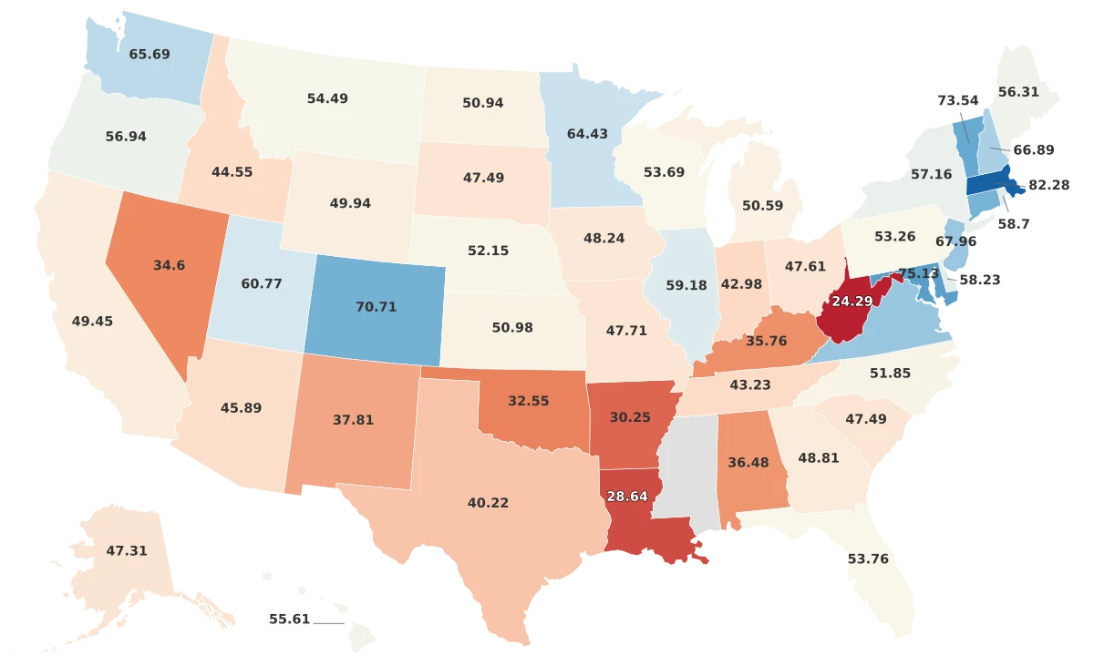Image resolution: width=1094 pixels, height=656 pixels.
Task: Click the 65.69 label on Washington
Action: point(150,55)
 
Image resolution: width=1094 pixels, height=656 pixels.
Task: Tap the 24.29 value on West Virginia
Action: point(852,301)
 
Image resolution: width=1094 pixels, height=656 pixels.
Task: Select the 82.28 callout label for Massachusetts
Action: point(1048,185)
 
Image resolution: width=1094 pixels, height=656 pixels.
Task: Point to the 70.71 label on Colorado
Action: point(376,307)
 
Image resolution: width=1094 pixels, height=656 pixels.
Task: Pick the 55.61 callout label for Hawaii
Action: point(289,619)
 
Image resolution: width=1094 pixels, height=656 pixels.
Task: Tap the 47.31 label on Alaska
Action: point(127,551)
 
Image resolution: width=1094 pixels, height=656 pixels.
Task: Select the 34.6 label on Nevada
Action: point(170,266)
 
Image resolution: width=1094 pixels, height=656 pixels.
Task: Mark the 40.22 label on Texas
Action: point(488,503)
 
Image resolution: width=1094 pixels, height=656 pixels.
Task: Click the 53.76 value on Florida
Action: point(867,559)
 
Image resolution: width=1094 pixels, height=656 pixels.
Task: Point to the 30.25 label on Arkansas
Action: point(631,416)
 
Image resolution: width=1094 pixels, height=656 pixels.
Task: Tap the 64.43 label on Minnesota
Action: point(587,134)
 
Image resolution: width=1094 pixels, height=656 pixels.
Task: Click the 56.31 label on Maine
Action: point(1018,92)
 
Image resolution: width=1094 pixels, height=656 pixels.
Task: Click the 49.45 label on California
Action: point(92,322)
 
